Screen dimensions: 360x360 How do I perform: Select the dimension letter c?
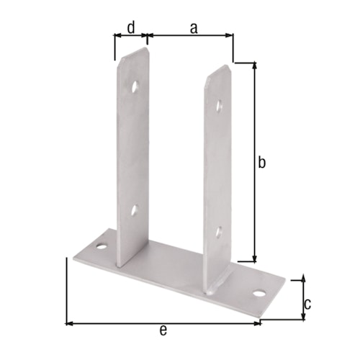[x=307, y=303]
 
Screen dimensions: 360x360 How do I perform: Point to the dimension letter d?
[x=130, y=27]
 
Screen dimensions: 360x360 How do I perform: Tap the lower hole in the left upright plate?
[x=134, y=211]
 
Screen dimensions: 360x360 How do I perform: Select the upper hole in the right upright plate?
[x=220, y=106]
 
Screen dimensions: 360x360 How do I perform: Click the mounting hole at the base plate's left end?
[x=102, y=247]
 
